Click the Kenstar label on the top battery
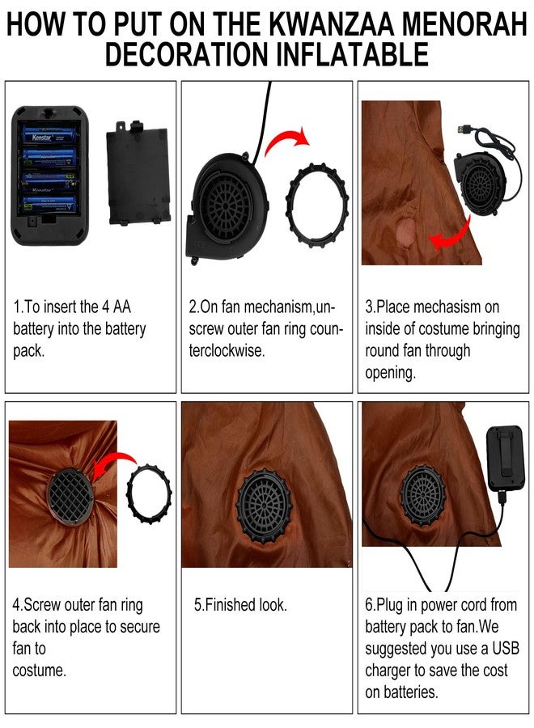(42, 138)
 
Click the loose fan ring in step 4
(149, 493)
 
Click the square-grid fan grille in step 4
(70, 497)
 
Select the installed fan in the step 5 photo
(265, 506)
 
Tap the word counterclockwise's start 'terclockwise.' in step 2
(227, 350)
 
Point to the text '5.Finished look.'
(240, 604)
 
